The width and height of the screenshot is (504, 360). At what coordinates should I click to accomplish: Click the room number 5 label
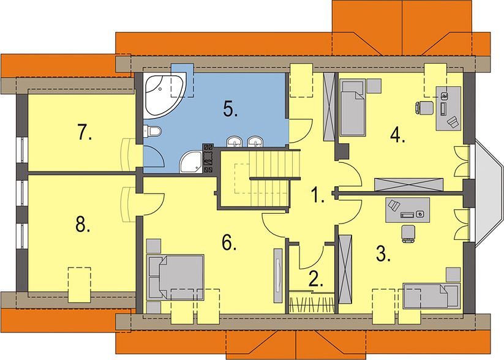click(230, 109)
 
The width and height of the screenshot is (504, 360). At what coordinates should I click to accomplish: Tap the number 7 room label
click(85, 132)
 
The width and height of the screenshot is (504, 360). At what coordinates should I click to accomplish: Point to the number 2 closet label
click(316, 279)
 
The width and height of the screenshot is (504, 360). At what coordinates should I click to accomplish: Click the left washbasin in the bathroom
click(235, 141)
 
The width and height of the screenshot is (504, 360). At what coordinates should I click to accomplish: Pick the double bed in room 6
click(176, 277)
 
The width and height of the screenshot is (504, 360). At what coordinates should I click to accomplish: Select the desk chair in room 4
click(424, 107)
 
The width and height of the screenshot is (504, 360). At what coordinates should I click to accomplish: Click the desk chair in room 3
click(408, 234)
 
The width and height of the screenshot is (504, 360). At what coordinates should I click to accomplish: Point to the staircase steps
click(274, 179)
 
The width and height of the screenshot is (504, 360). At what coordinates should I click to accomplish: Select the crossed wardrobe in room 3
click(345, 269)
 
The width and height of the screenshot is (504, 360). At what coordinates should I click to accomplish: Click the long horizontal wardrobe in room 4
click(409, 185)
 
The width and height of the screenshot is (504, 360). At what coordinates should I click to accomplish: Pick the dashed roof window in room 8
click(79, 285)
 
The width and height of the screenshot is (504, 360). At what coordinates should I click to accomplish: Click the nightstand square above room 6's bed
click(154, 246)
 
